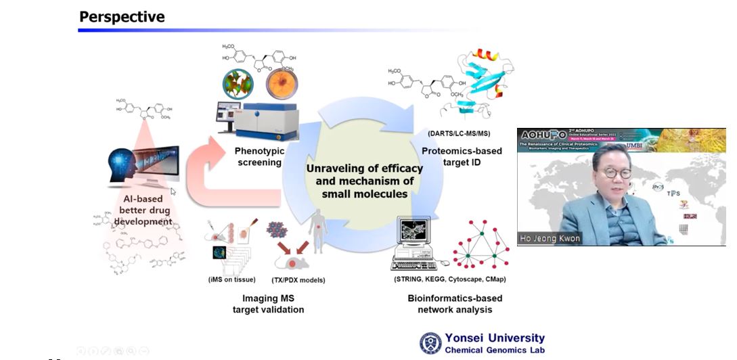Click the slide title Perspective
(x=122, y=16)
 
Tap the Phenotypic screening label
(x=258, y=156)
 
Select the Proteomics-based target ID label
(x=462, y=156)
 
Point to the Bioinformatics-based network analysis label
(x=455, y=304)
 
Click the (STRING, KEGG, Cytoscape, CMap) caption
(x=449, y=279)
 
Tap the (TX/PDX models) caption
(x=298, y=279)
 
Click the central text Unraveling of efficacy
(x=364, y=168)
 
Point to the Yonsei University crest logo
(x=430, y=343)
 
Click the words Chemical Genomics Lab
(x=495, y=351)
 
